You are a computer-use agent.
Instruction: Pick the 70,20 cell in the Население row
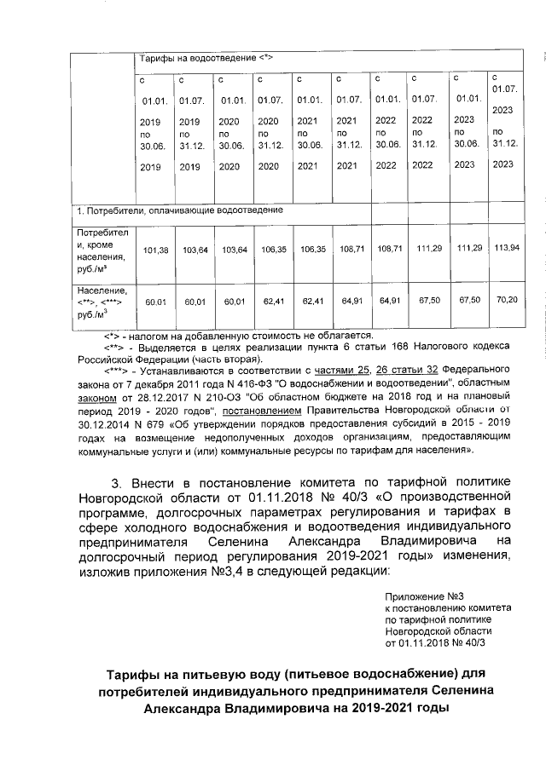(507, 300)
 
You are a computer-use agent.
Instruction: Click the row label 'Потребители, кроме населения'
(102, 250)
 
